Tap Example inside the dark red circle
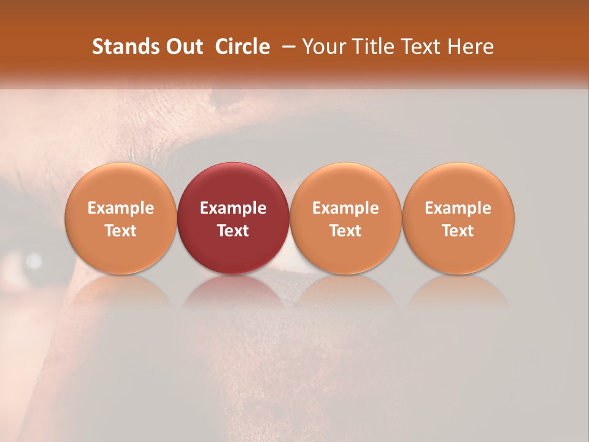(233, 208)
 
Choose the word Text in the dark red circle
(233, 231)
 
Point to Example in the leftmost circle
(121, 208)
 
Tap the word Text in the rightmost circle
(458, 231)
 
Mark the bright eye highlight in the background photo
(33, 262)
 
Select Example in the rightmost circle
(458, 208)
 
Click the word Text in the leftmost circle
(121, 231)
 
